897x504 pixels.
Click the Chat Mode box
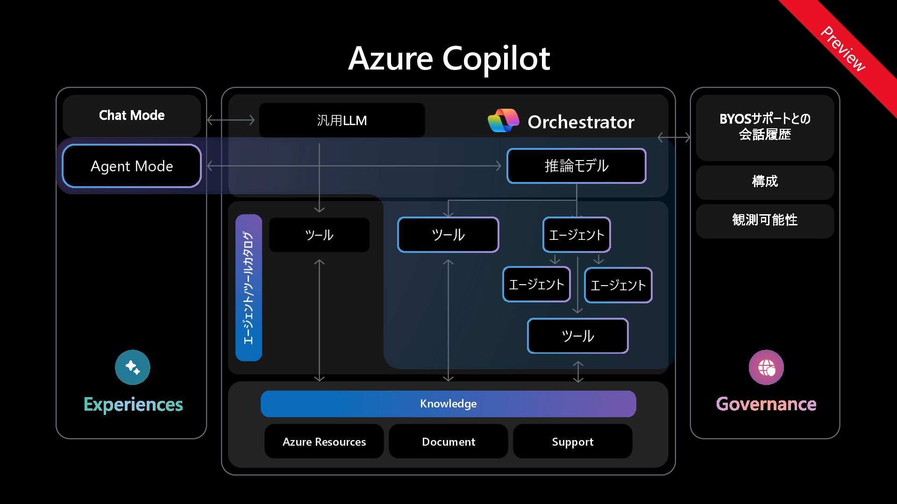pos(132,115)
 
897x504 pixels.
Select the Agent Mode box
pos(132,166)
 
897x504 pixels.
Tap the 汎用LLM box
pos(342,120)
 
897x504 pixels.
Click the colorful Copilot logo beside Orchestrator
pos(503,121)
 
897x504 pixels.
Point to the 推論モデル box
pos(577,166)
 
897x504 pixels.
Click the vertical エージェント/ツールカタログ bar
pos(249,287)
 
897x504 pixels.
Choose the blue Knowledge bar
pos(448,404)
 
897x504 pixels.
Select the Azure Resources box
pos(324,441)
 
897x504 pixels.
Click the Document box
pos(448,441)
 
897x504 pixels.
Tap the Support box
pos(573,441)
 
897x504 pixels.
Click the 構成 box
pos(765,182)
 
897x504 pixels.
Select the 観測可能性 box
pos(765,220)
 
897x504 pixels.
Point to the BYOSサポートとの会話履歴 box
pos(765,127)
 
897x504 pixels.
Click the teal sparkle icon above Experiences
pos(133,367)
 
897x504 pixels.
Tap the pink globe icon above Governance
pos(766,367)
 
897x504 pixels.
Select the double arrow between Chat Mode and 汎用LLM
pos(231,120)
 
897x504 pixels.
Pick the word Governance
pos(766,404)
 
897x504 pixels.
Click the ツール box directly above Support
pos(578,336)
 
